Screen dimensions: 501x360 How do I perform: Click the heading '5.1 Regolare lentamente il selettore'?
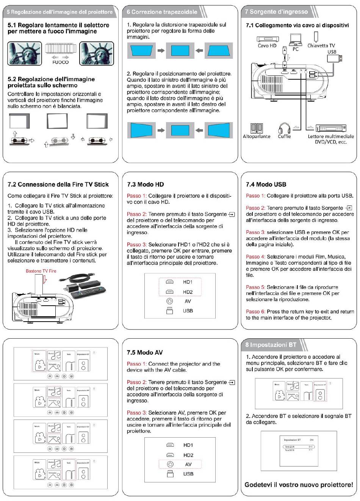point(58,25)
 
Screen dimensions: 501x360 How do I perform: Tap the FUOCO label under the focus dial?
point(61,62)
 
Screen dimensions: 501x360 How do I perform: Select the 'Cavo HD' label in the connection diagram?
point(267,46)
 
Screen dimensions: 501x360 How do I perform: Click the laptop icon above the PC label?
point(296,39)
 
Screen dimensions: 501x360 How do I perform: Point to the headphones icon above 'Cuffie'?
point(284,128)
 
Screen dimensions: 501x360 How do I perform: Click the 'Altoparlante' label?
point(257,137)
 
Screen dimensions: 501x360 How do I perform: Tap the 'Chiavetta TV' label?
point(321,46)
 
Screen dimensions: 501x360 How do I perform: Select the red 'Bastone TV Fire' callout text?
point(41,271)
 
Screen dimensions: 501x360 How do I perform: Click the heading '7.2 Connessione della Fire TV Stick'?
point(58,185)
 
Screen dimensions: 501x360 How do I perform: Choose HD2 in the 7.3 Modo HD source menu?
point(188,292)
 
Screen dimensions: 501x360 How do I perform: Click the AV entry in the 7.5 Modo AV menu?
point(188,464)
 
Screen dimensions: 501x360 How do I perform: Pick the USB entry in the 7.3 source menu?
point(188,311)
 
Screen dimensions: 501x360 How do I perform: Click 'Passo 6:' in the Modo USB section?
point(255,312)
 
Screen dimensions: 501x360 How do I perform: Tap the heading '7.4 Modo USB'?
point(266,185)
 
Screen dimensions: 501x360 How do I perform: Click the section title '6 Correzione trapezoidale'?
point(162,12)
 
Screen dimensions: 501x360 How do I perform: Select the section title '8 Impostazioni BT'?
point(271,345)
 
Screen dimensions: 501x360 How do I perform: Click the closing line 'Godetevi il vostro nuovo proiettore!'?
point(299,485)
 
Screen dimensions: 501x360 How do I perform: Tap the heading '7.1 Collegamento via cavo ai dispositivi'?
point(297,25)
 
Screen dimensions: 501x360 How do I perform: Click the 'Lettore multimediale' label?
point(331,137)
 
